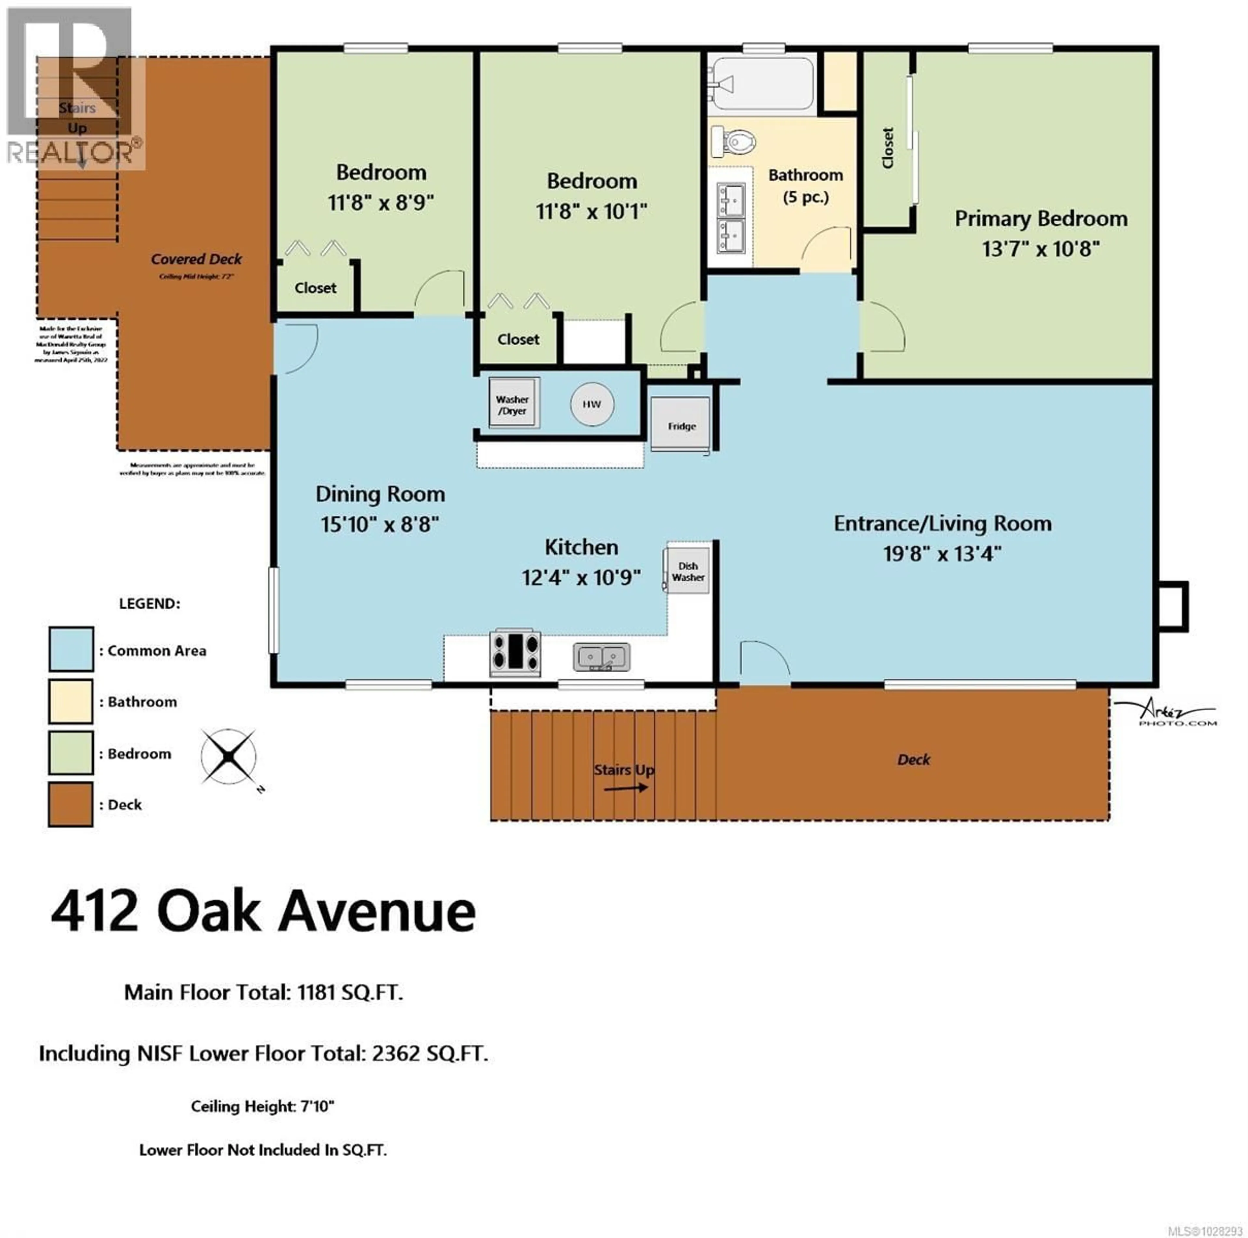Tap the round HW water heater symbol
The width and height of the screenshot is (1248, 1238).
click(592, 404)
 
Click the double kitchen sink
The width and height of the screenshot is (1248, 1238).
click(601, 657)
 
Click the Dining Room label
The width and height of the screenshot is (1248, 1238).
click(380, 494)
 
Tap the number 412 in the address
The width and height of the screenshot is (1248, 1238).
click(95, 912)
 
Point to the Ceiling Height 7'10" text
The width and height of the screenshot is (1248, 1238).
click(262, 1106)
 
